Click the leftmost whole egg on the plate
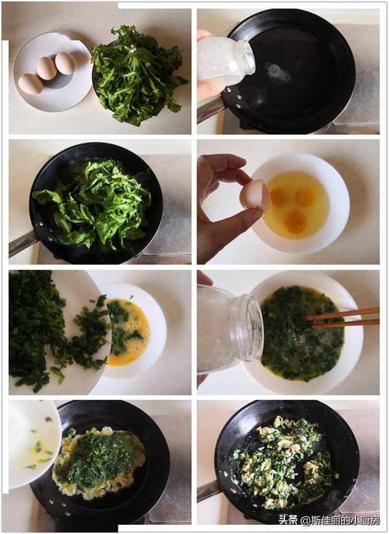30,84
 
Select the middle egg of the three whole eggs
47,68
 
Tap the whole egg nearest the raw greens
65,63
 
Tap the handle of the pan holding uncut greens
23,243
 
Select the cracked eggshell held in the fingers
255,195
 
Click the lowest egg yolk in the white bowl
295,221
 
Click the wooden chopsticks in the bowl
343,317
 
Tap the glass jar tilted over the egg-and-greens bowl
230,330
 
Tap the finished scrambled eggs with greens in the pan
284,463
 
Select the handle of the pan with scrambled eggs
209,491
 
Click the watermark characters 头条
288,520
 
